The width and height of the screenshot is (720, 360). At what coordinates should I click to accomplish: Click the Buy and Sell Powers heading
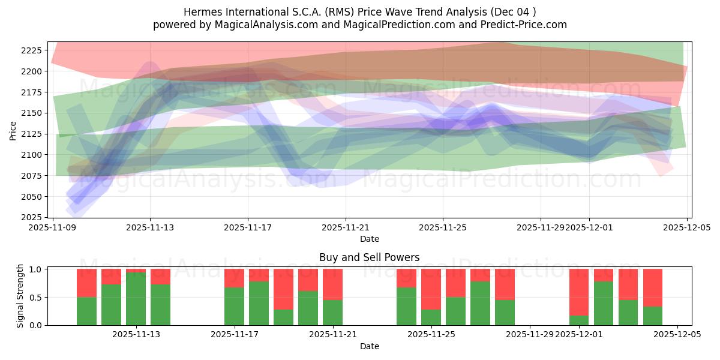click(x=369, y=257)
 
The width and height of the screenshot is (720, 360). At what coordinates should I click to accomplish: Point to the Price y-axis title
click(x=13, y=130)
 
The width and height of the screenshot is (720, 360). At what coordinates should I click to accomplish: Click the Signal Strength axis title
click(x=20, y=296)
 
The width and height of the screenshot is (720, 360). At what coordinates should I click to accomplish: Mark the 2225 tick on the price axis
click(x=32, y=50)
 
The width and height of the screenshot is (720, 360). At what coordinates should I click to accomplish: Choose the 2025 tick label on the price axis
click(x=32, y=217)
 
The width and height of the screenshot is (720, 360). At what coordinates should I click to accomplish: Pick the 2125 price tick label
click(x=32, y=134)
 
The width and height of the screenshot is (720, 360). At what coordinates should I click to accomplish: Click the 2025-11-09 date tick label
click(x=53, y=228)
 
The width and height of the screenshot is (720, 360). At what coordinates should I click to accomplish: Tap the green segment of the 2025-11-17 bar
click(x=235, y=306)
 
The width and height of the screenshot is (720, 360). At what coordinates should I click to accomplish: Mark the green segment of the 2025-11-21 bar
click(x=333, y=312)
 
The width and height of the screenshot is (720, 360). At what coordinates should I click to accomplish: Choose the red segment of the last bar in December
click(x=653, y=287)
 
